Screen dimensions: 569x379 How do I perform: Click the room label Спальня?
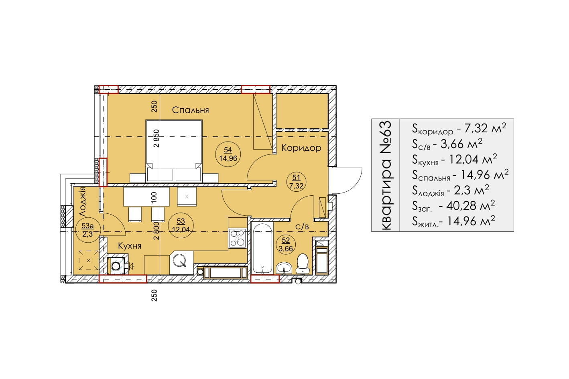pyautogui.click(x=190, y=110)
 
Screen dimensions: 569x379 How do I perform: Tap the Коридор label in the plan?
pyautogui.click(x=301, y=148)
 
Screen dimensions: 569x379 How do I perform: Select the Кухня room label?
pyautogui.click(x=130, y=246)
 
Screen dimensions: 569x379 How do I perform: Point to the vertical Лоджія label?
pyautogui.click(x=83, y=202)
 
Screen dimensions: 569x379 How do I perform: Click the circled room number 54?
pyautogui.click(x=228, y=154)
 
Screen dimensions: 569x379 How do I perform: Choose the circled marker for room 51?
pyautogui.click(x=296, y=182)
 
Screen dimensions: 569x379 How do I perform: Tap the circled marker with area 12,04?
pyautogui.click(x=181, y=225)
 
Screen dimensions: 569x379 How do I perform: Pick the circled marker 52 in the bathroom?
pyautogui.click(x=286, y=244)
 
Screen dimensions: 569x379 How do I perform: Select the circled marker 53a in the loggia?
pyautogui.click(x=88, y=230)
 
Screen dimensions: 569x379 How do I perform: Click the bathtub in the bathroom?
pyautogui.click(x=262, y=248)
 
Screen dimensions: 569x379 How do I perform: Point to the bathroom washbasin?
pyautogui.click(x=284, y=268)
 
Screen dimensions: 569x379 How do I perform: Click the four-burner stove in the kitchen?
pyautogui.click(x=238, y=238)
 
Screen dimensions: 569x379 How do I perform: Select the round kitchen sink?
pyautogui.click(x=180, y=260)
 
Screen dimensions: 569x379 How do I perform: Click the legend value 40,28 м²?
pyautogui.click(x=470, y=206)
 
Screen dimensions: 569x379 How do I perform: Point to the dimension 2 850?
pyautogui.click(x=156, y=138)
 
